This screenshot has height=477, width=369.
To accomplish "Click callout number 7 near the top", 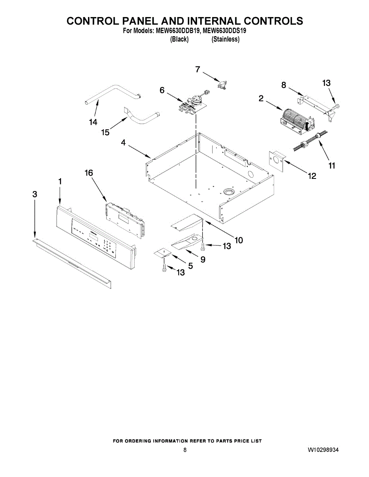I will pos(197,69).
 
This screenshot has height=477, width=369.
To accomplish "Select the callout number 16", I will pos(89,173).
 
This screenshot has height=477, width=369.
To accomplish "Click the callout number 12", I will pos(312,175).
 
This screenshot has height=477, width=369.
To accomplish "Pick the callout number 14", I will pos(93,122).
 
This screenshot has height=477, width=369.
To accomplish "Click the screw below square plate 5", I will pos(164,269).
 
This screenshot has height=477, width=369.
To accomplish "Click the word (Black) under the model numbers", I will pos(179,39).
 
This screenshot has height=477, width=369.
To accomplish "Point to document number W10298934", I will pos(323,450).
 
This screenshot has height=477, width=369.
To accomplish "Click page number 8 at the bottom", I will pos(185,450).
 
